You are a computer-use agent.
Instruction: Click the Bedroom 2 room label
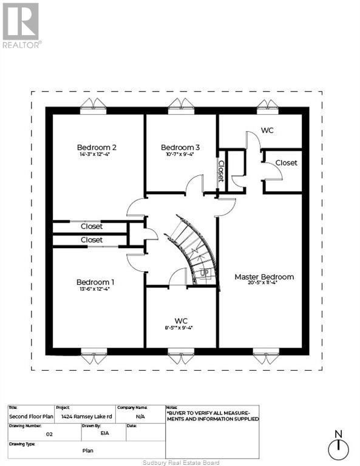97,147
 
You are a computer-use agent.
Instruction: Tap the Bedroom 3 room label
180,147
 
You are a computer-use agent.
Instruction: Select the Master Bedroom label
264,277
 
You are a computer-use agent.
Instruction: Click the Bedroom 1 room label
95,282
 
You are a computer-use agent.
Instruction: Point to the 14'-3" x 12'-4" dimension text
97,155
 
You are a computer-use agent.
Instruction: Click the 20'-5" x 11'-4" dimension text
264,283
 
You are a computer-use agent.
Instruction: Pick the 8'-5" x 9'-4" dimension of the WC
181,328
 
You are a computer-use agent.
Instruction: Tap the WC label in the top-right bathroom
267,130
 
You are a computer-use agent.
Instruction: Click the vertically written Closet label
221,171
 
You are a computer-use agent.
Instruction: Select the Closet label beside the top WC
286,163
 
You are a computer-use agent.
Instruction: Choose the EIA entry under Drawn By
90,434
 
